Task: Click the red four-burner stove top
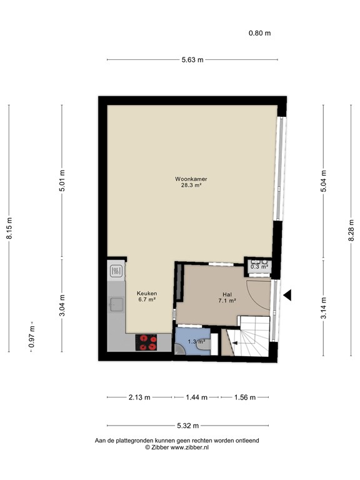click(146, 342)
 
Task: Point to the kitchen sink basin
click(117, 304)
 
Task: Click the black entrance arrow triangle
click(287, 296)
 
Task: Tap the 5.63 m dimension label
click(192, 60)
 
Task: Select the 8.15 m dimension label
click(9, 228)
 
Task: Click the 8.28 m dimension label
click(351, 230)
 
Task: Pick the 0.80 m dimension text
click(259, 33)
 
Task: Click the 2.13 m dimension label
click(139, 397)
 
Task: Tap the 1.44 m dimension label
click(196, 397)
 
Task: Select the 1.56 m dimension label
click(244, 397)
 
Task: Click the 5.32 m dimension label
click(188, 426)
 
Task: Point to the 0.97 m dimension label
click(31, 336)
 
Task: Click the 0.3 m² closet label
click(259, 267)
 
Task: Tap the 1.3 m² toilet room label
click(196, 342)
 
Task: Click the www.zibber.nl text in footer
click(189, 447)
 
